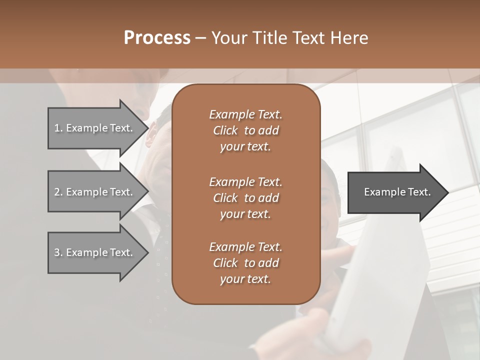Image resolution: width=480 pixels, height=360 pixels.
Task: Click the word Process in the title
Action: pyautogui.click(x=157, y=38)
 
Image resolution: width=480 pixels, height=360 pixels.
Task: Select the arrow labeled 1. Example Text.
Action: pyautogui.click(x=95, y=128)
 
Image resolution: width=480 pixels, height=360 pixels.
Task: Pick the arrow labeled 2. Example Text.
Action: pyautogui.click(x=95, y=192)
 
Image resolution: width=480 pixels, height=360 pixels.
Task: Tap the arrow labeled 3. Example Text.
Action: pyautogui.click(x=95, y=252)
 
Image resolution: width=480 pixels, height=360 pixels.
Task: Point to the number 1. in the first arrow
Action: pyautogui.click(x=58, y=128)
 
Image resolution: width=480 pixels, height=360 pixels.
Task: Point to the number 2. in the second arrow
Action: pyautogui.click(x=58, y=192)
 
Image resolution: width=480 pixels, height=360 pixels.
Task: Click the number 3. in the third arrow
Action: pyautogui.click(x=58, y=252)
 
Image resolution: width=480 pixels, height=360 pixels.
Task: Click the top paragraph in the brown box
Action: pyautogui.click(x=245, y=130)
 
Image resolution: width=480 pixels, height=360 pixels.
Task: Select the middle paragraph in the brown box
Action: pyautogui.click(x=245, y=198)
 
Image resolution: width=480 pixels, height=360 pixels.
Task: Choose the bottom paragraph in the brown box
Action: pyautogui.click(x=245, y=263)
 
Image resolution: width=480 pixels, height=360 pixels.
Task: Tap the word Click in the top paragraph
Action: pyautogui.click(x=225, y=130)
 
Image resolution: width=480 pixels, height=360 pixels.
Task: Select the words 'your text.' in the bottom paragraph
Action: pyautogui.click(x=245, y=279)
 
